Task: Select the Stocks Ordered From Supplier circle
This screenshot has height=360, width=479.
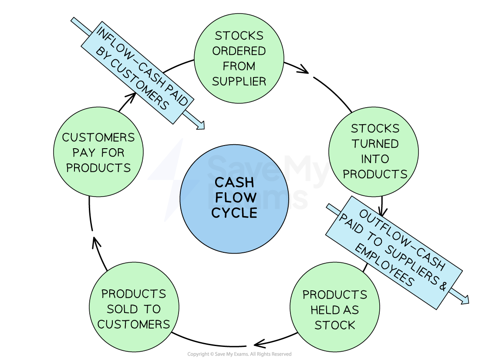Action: tap(239, 58)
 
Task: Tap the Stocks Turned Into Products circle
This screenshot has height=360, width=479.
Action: tap(374, 151)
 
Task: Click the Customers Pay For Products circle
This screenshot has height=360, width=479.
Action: tap(98, 152)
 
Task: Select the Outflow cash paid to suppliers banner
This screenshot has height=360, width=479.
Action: tap(394, 253)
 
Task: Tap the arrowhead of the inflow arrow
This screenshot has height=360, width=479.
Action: tap(201, 126)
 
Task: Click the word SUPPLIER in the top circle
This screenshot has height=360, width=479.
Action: tap(239, 82)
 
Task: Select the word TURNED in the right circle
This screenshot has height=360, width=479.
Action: tap(375, 144)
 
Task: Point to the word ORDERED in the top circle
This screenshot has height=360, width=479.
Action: tap(239, 51)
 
